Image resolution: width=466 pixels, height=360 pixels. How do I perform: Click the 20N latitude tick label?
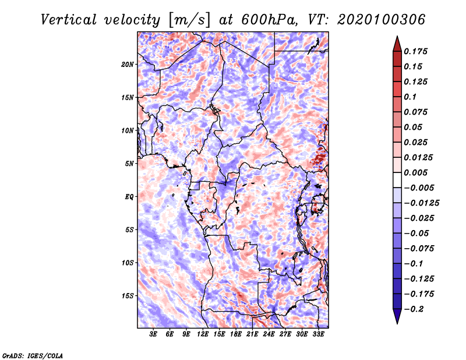127,65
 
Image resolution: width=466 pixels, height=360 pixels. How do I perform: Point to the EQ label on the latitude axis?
129,197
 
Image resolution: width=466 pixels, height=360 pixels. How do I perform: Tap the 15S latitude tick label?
127,296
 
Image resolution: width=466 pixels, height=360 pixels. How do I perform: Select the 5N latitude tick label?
129,164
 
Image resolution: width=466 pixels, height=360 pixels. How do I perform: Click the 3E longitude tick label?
153,334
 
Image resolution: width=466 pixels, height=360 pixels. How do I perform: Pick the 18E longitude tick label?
236,334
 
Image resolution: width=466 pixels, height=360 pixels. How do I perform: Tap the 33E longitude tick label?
318,334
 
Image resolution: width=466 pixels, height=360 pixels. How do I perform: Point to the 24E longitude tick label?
269,334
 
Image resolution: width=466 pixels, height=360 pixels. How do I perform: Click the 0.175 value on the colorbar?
415,51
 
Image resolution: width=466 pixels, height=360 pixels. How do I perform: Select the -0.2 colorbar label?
414,309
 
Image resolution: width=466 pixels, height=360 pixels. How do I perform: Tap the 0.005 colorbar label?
415,172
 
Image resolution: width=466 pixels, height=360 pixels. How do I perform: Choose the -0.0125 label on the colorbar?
421,203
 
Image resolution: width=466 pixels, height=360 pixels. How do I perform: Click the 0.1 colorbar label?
410,97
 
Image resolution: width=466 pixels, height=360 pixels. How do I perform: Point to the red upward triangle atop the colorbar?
397,44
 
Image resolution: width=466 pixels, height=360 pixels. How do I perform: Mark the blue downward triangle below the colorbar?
397,316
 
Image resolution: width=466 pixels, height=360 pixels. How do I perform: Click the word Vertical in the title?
68,20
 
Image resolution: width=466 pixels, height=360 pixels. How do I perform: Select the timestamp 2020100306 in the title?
381,20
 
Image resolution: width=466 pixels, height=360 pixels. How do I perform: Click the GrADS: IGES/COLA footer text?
33,355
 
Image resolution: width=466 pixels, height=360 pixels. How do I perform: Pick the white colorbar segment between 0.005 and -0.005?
397,180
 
